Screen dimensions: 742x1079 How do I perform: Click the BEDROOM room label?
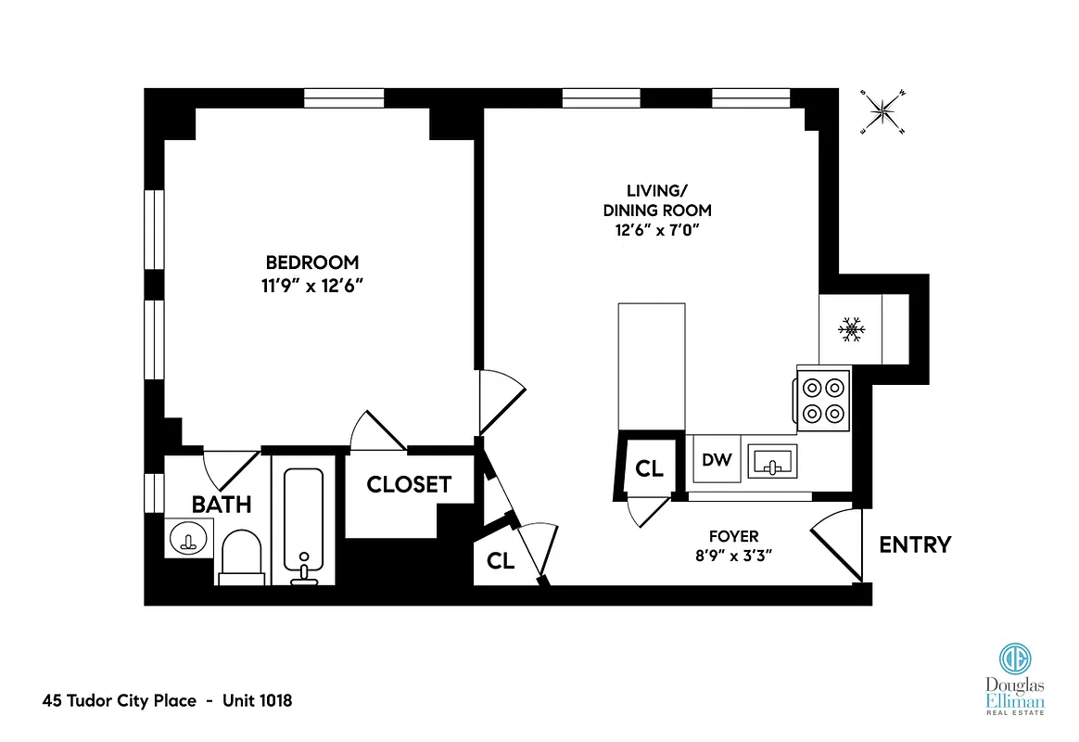tap(311, 262)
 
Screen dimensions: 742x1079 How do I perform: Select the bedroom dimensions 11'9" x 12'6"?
tap(311, 286)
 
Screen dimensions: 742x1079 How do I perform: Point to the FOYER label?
tap(733, 536)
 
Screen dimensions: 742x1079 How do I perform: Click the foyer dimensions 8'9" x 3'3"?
tap(733, 556)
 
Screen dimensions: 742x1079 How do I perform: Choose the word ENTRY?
tap(914, 544)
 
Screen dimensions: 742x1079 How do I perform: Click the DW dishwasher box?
tap(717, 458)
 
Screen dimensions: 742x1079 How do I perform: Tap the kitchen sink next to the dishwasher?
tap(770, 459)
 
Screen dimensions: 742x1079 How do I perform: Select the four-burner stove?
tap(823, 400)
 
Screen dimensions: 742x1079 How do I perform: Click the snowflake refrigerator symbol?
tap(851, 329)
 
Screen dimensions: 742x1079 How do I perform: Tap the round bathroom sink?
tap(188, 538)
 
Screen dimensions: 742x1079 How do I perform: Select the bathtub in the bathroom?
tap(303, 525)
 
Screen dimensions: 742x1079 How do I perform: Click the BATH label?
tap(222, 505)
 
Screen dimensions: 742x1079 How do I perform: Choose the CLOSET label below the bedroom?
tap(409, 484)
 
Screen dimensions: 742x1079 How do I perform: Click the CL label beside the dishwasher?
tap(649, 469)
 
